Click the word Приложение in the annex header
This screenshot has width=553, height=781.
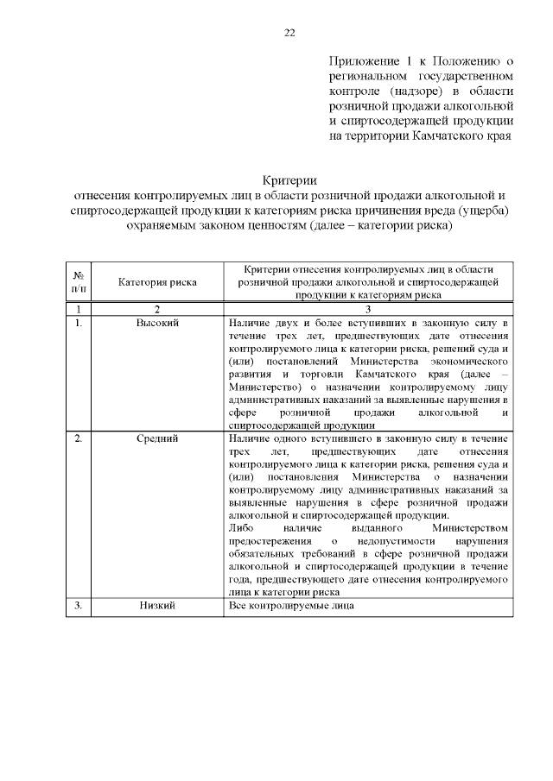(363, 61)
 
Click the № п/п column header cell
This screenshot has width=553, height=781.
(79, 281)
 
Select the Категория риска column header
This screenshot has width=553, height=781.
(157, 281)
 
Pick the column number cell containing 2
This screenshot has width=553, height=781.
(157, 309)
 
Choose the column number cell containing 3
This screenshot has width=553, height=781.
(368, 309)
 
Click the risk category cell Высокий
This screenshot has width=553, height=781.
(157, 323)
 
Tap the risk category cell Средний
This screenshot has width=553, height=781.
(157, 439)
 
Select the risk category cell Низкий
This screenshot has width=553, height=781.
(157, 607)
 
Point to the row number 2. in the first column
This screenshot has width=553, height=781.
(78, 439)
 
